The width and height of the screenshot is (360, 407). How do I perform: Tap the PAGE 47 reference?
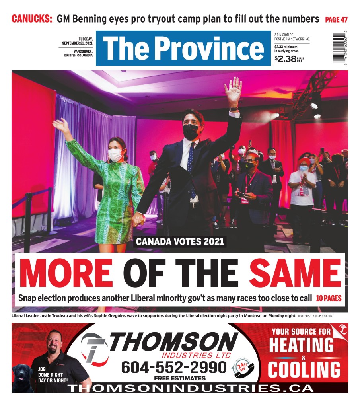(x=336, y=19)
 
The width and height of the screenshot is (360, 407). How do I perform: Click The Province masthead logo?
(x=183, y=48)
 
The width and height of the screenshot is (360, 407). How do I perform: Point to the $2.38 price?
(x=285, y=59)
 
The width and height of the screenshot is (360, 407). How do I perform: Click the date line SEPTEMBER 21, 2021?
(x=77, y=43)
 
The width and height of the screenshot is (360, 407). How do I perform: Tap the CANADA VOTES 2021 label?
(x=180, y=241)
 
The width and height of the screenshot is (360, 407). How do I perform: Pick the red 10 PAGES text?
(x=329, y=298)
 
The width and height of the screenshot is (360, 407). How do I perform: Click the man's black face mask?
(x=191, y=131)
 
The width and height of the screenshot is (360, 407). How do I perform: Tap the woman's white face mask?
(x=116, y=155)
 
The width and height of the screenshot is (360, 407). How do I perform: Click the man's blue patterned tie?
(x=191, y=169)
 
